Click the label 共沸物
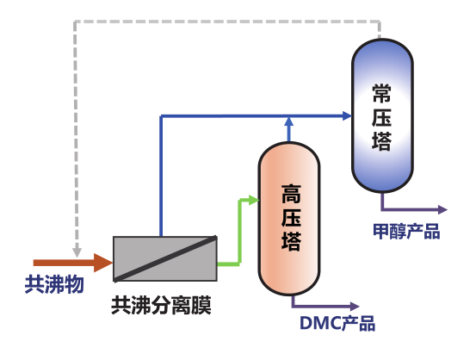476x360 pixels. pos(54,284)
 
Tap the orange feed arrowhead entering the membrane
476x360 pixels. pos(103,263)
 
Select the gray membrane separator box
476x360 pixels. pos(165,259)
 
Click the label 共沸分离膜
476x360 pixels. pos(161,306)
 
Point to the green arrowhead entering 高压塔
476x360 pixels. pos(254,200)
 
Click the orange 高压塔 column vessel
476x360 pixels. pos(289,219)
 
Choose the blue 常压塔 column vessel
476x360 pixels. pos(382,115)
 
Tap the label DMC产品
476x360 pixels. pos(337,323)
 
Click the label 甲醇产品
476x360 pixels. pos(406,231)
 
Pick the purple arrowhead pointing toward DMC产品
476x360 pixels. pos(355,307)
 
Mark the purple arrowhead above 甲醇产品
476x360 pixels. pos(443,209)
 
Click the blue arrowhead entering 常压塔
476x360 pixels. pos(347,115)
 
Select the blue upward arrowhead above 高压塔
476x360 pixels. pos(288,121)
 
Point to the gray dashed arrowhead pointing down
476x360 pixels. pos(77,252)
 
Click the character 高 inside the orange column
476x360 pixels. pos(291,194)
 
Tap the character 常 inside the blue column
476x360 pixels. pos(381,94)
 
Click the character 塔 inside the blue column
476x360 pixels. pos(381,140)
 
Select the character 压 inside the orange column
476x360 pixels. pos(291,218)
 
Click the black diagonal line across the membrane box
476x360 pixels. pos(165,259)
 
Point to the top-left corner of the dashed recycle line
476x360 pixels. pos(76,22)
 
